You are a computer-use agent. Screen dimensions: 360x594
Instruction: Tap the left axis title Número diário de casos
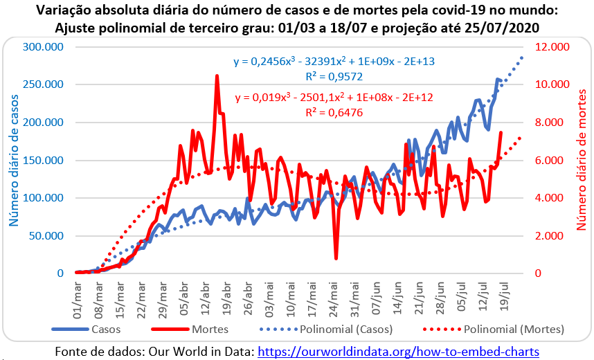click(x=13, y=161)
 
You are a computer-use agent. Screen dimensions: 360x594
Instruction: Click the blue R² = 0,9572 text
click(x=334, y=76)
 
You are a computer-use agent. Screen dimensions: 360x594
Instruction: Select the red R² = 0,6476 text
click(x=334, y=111)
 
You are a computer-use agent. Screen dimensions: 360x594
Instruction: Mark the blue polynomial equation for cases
click(x=334, y=62)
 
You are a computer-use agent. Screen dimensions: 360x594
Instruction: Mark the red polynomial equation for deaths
click(x=334, y=98)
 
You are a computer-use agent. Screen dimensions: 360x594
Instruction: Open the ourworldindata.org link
click(x=399, y=352)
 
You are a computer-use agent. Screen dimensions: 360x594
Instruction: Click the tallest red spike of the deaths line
click(x=217, y=76)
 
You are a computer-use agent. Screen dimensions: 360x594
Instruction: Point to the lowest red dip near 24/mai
click(x=336, y=258)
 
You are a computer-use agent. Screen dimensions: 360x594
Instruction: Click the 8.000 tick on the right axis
click(x=555, y=123)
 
